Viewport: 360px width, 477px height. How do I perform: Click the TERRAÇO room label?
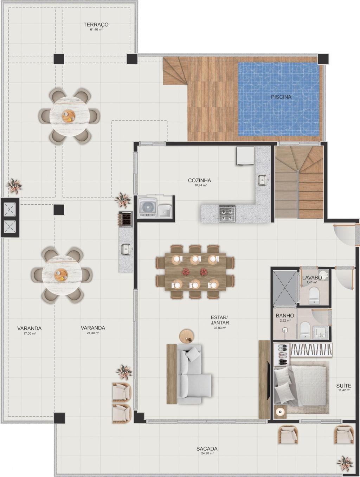(96, 25)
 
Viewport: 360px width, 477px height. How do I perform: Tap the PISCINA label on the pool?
(281, 97)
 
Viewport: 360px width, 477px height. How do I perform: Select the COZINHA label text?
(199, 180)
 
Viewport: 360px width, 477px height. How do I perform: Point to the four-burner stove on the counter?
(227, 214)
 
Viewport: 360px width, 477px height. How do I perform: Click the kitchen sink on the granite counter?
(262, 180)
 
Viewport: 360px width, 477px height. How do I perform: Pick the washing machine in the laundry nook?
(148, 207)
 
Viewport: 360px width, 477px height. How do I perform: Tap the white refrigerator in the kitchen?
(245, 156)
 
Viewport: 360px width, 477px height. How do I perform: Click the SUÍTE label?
(344, 386)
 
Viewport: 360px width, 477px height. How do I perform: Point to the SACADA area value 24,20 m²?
(207, 453)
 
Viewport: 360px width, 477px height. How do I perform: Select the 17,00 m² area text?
(29, 333)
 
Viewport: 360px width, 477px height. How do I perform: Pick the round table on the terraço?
(69, 116)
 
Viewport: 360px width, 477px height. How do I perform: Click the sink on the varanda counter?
(126, 249)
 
